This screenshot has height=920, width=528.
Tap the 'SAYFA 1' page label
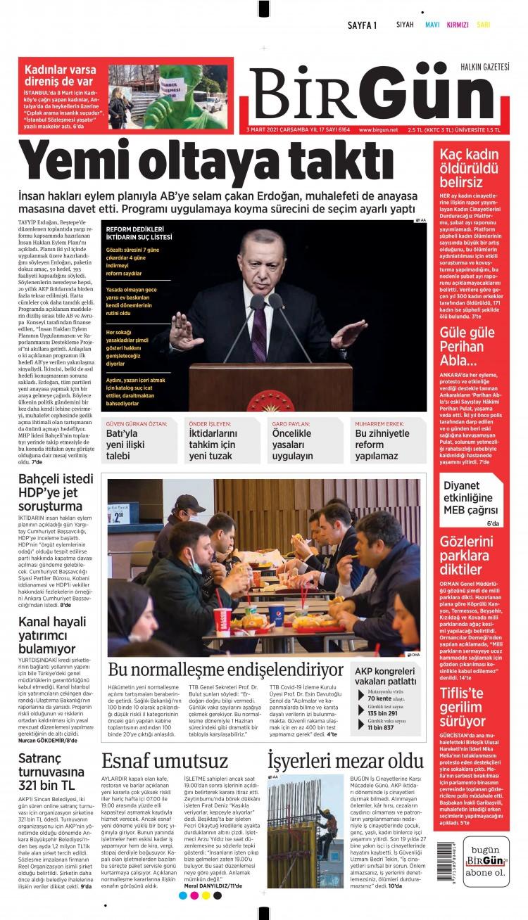pos(363,25)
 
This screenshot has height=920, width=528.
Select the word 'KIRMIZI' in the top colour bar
pos(457,25)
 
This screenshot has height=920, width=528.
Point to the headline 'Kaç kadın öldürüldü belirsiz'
pos(470,168)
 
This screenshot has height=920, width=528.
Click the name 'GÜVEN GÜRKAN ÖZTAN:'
pos(137,423)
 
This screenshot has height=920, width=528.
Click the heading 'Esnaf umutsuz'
pos(165,761)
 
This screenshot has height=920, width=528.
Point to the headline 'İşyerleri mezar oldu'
pos(345,761)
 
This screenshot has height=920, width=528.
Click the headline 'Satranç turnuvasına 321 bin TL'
pos(51,772)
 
